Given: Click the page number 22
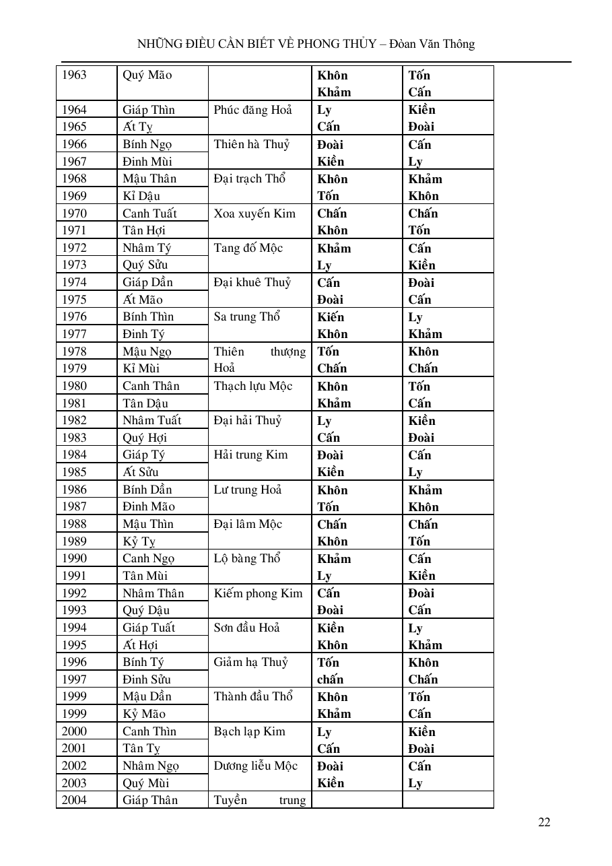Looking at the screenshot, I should click(x=544, y=822).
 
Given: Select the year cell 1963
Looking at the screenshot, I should click(x=74, y=75).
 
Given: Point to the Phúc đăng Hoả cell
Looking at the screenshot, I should click(x=253, y=110).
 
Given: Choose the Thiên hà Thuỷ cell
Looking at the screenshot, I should click(x=252, y=144).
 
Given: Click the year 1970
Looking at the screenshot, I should click(x=74, y=213).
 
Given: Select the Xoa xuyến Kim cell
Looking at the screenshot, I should click(x=254, y=213).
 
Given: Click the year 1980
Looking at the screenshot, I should click(x=74, y=386).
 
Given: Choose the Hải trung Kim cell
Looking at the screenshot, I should click(x=250, y=455).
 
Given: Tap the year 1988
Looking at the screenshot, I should click(x=74, y=524).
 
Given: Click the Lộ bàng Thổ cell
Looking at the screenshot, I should click(x=246, y=558).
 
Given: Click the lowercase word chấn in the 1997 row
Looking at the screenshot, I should click(x=330, y=679).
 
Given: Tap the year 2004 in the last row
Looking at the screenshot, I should click(x=74, y=800).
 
